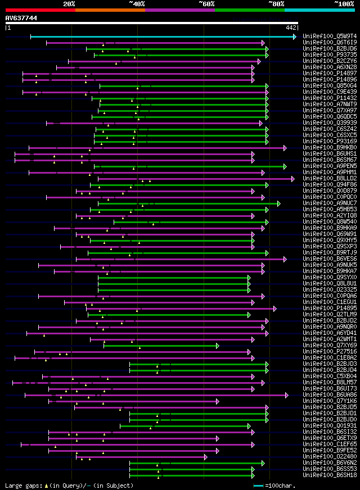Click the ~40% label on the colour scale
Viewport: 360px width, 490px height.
(x=137, y=3)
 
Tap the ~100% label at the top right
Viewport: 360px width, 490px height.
(x=344, y=3)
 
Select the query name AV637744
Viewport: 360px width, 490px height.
(x=21, y=18)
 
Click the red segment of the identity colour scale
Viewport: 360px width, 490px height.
(x=40, y=10)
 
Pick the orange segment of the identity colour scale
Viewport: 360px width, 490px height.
(x=110, y=10)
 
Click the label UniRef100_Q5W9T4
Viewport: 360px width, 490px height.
(x=329, y=37)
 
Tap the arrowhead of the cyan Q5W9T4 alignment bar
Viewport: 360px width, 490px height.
(x=294, y=37)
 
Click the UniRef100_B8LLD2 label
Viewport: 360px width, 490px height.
(x=329, y=179)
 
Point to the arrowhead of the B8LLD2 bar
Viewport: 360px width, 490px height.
(x=292, y=179)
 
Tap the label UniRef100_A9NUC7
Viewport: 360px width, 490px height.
(x=329, y=203)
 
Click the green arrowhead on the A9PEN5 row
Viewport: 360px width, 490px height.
(x=285, y=166)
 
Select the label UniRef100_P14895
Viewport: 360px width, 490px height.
(x=329, y=308)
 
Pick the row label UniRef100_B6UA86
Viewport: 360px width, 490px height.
(x=329, y=395)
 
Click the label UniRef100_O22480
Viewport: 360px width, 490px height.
(x=329, y=457)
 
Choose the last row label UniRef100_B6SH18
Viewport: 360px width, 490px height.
(x=329, y=475)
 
